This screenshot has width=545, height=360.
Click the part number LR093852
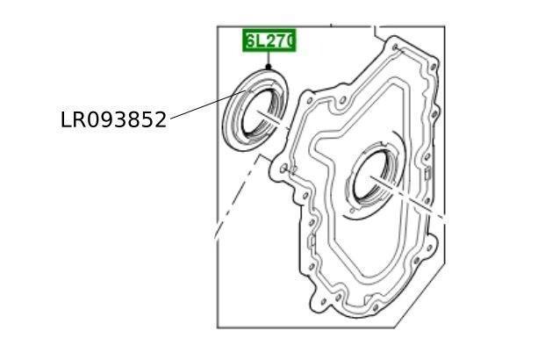tap(113, 120)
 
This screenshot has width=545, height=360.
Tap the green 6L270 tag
tap(269, 41)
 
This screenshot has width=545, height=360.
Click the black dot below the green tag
tap(269, 67)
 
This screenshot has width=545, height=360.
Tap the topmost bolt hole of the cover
tap(398, 43)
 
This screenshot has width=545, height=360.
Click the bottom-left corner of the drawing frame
tap(218, 327)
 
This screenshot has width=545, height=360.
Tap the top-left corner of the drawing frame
tap(218, 26)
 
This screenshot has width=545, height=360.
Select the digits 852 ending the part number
tap(150, 120)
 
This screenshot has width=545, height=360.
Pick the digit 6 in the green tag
tap(251, 41)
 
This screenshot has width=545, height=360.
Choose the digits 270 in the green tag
tap(280, 41)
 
